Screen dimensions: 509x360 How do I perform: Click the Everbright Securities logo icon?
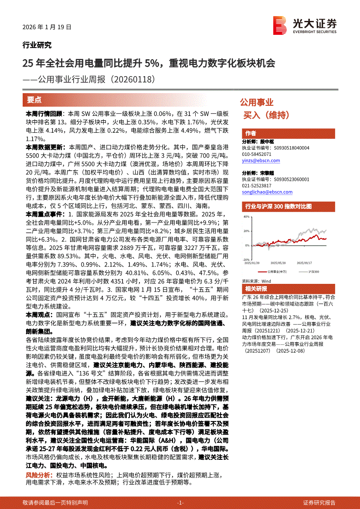point(279,25)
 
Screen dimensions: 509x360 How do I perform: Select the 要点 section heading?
point(34,100)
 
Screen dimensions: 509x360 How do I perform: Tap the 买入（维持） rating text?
point(272,115)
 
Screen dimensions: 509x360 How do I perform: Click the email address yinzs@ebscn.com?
point(261,161)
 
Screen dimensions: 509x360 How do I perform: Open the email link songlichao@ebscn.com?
point(267,192)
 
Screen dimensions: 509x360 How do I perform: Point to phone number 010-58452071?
point(256,154)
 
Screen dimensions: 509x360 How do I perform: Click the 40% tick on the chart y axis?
point(247,216)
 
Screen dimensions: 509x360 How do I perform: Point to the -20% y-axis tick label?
point(246,260)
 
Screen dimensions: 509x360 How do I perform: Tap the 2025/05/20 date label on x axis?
point(278,263)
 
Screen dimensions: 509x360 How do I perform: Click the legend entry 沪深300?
point(313,272)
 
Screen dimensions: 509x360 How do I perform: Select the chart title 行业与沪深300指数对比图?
point(278,206)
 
